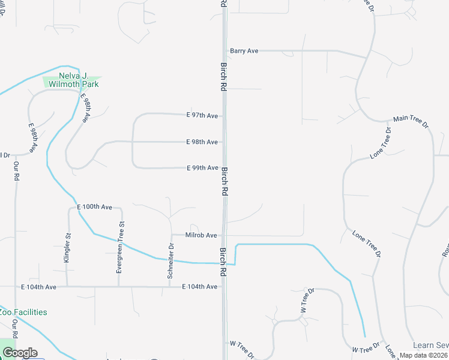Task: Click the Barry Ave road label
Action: [244, 51]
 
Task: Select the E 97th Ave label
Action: [202, 115]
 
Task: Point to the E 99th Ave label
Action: [202, 168]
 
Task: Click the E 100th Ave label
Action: [95, 207]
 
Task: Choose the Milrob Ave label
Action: [201, 235]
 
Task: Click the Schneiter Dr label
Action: [172, 256]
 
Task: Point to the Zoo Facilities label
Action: [23, 312]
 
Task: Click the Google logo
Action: [19, 353]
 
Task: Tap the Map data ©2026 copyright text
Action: [423, 355]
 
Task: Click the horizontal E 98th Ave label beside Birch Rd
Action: [202, 142]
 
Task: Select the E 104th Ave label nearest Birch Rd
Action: [199, 287]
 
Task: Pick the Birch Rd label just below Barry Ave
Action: [223, 77]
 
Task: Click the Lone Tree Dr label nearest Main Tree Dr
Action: [381, 143]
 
